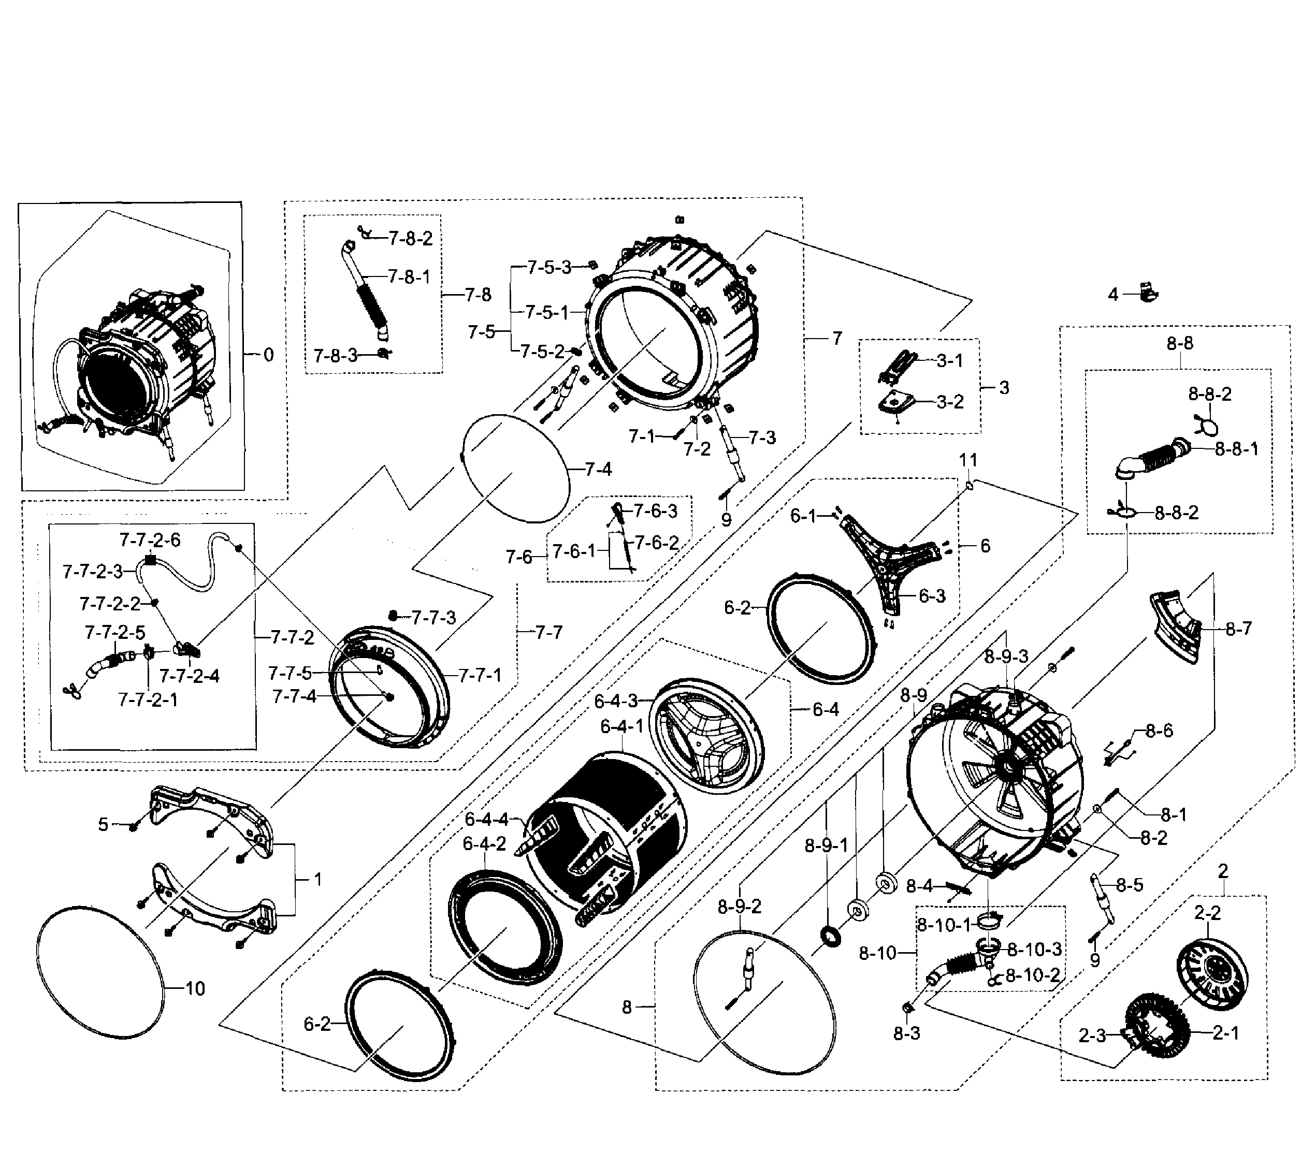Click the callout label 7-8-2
(x=411, y=239)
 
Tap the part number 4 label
(x=1113, y=295)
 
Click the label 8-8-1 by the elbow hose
(x=1236, y=449)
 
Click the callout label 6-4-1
(x=622, y=727)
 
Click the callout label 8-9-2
(x=739, y=906)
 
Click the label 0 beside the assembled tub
(x=268, y=355)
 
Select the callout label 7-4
(x=598, y=469)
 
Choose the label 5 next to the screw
(x=103, y=825)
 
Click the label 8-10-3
(x=1034, y=950)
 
